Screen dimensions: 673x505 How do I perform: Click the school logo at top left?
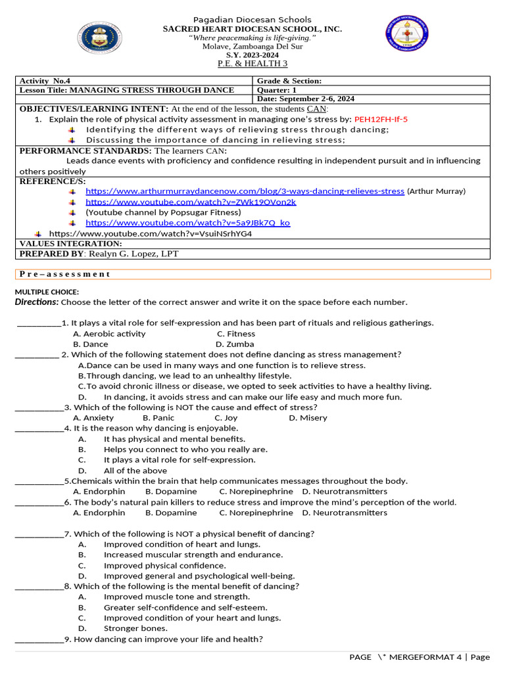pos(99,39)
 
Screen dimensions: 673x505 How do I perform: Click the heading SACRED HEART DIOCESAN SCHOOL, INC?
pos(252,29)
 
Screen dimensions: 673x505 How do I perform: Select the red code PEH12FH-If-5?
pos(381,119)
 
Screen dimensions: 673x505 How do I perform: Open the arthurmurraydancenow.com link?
pos(245,191)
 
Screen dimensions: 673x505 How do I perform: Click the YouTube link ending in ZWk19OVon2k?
pos(191,202)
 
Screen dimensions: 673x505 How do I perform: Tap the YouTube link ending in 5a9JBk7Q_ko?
pos(187,223)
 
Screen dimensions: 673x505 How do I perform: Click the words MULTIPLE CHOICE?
pos(47,292)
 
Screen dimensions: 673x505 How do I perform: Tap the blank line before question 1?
pos(38,323)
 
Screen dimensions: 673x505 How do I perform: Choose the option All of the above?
pos(135,471)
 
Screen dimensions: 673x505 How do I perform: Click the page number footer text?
pos(420,657)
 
